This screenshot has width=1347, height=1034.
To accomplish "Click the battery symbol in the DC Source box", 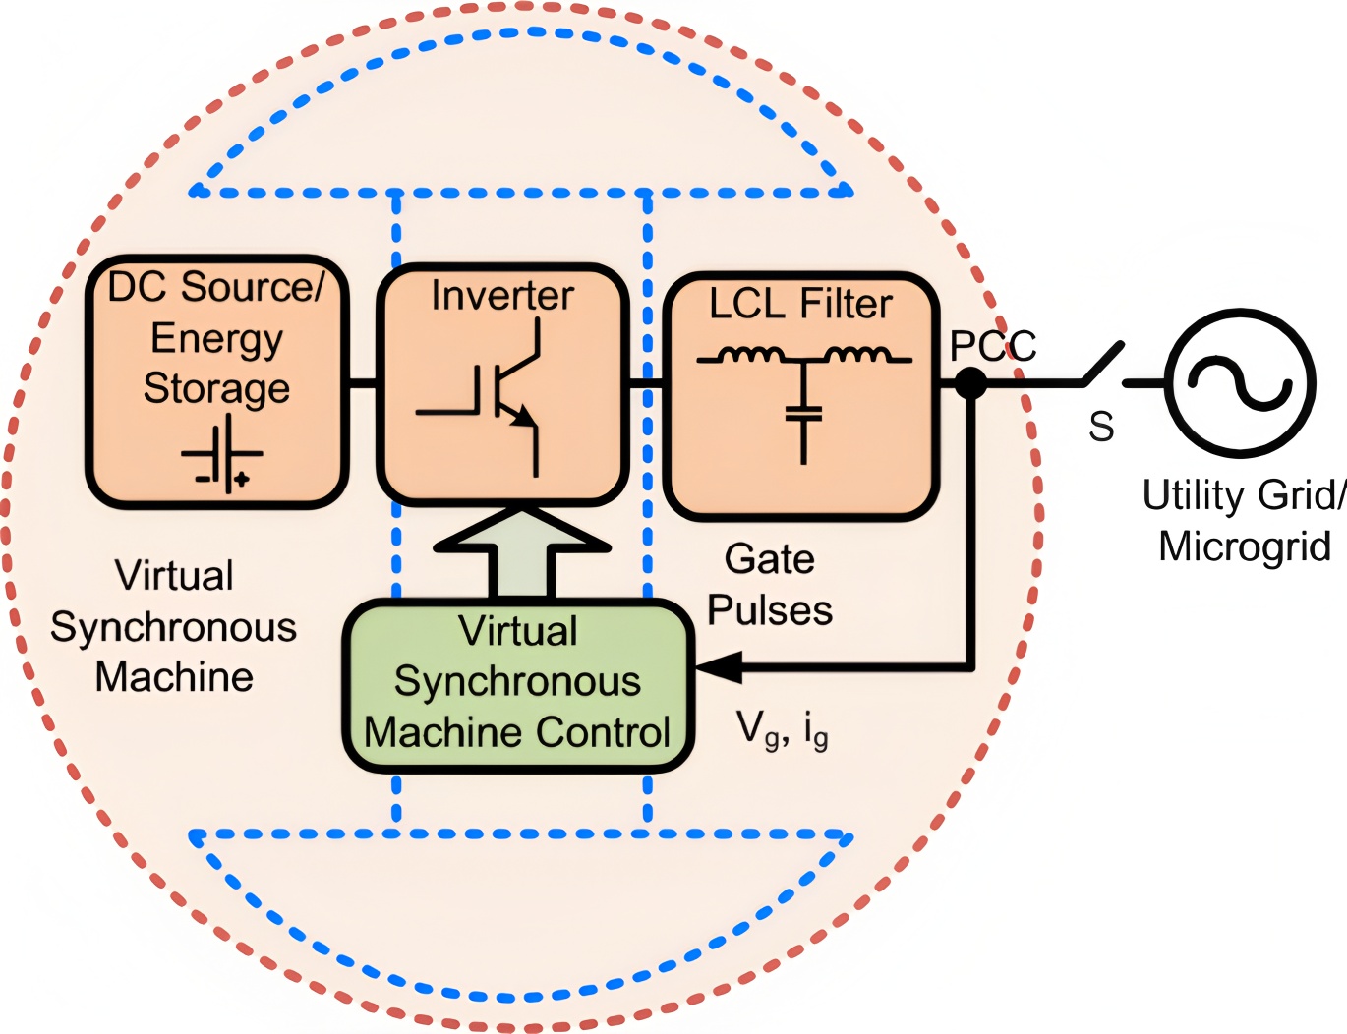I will (x=223, y=455).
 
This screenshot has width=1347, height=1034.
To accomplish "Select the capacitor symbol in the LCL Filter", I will (x=803, y=413).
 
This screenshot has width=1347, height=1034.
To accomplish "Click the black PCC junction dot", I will (x=970, y=382).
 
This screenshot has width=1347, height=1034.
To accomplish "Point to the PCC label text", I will (x=992, y=346).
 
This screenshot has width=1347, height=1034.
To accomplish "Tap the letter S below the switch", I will (x=1101, y=427).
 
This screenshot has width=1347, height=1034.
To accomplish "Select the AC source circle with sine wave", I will (x=1240, y=382).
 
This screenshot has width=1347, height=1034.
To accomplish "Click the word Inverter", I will (x=502, y=296).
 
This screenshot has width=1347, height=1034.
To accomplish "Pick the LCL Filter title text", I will (x=800, y=304).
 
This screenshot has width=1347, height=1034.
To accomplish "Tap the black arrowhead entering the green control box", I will (x=719, y=667).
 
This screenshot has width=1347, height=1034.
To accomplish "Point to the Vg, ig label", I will (x=783, y=729).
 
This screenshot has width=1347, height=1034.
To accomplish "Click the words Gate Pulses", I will (x=770, y=585).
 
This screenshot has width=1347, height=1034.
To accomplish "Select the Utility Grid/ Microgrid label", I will (x=1244, y=520).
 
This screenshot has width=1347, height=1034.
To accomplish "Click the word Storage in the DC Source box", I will (x=216, y=388).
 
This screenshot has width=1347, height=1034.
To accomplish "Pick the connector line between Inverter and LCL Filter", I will (x=646, y=382).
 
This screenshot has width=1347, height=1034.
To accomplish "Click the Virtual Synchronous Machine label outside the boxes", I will (x=174, y=626).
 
